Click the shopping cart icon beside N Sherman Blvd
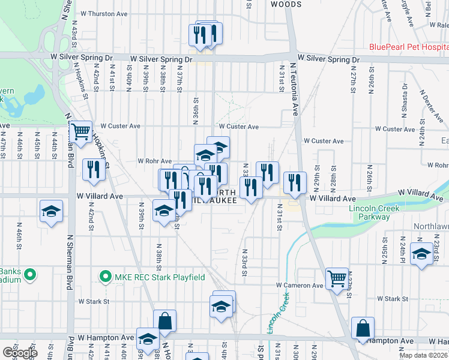[x=80, y=131]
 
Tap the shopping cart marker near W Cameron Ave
[x=337, y=278]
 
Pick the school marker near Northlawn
[x=421, y=253]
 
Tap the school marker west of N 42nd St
[x=52, y=211]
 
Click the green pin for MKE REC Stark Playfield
[x=106, y=277]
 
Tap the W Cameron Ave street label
[x=300, y=286]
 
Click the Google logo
[x=19, y=353]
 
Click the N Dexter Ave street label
[x=429, y=104]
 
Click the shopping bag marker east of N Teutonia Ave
[x=363, y=328]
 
